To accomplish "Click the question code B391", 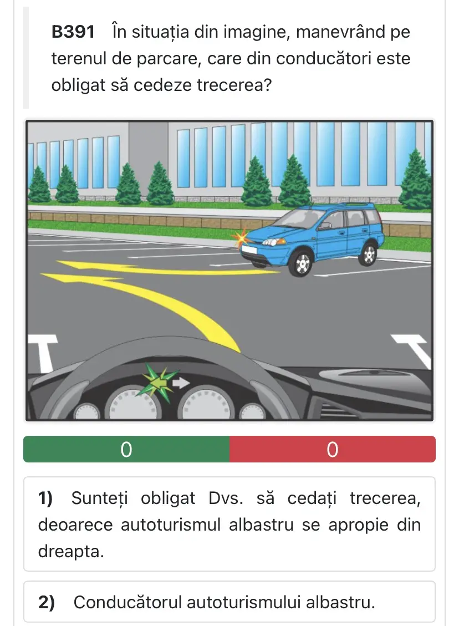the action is (73, 32).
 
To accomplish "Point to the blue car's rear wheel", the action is (369, 253).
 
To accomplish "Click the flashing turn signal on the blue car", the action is (241, 238).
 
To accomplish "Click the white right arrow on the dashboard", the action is (181, 383).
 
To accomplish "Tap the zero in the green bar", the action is (126, 450).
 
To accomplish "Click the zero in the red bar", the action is (333, 450).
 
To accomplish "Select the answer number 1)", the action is (45, 498).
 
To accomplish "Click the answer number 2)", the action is (47, 603).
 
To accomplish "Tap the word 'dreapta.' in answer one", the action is (71, 552).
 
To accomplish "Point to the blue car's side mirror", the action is (324, 226).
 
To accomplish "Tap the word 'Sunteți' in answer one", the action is (99, 498).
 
